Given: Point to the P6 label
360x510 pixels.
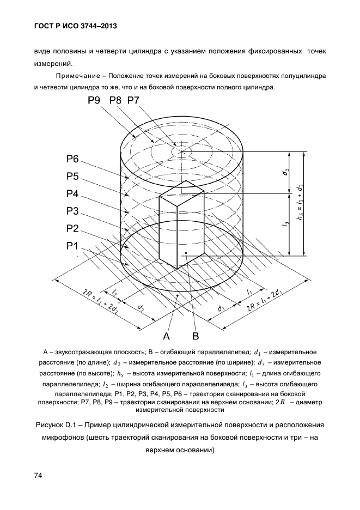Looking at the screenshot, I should pyautogui.click(x=73, y=159).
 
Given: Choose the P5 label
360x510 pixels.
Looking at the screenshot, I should pyautogui.click(x=73, y=176).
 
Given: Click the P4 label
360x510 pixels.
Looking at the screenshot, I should pyautogui.click(x=73, y=193).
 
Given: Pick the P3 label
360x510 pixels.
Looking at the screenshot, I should pyautogui.click(x=73, y=211).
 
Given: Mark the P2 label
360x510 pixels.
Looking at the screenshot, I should pyautogui.click(x=73, y=228).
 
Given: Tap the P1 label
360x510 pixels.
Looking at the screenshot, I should pyautogui.click(x=73, y=245).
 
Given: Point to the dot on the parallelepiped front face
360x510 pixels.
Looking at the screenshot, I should pyautogui.click(x=186, y=253).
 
